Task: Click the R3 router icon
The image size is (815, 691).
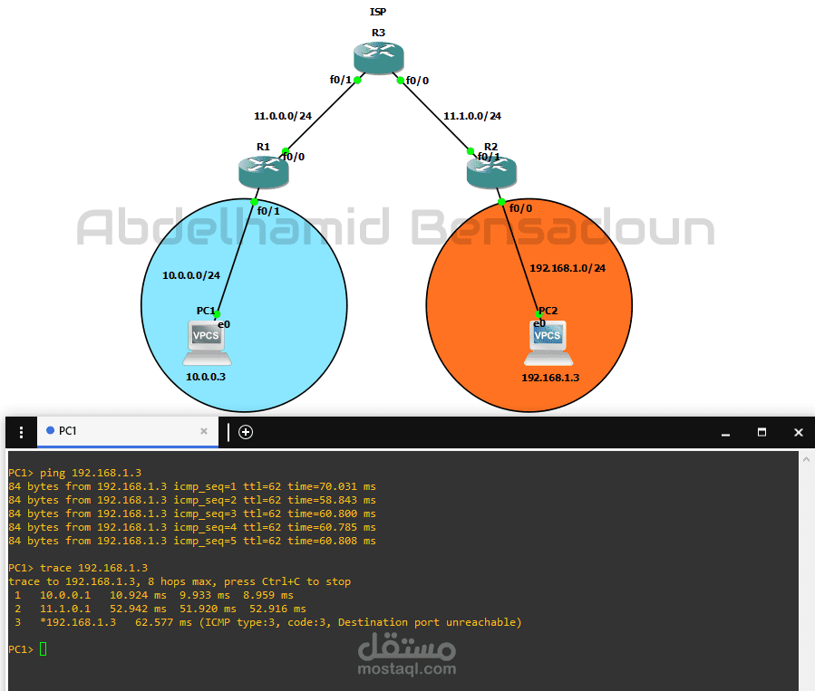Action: [378, 58]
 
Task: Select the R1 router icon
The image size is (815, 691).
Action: [264, 172]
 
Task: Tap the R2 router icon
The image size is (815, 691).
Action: [491, 172]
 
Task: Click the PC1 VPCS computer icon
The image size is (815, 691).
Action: [207, 343]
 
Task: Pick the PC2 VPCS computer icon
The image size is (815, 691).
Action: [548, 343]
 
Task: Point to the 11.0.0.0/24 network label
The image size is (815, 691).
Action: [283, 116]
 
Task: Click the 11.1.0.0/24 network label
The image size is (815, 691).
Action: [472, 116]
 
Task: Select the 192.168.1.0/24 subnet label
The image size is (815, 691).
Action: [568, 268]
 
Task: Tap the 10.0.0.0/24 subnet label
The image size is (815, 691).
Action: [191, 275]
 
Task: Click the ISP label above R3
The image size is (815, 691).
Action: [378, 12]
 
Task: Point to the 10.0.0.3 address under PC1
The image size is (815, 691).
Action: [206, 377]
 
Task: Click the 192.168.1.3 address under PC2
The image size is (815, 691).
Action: [550, 378]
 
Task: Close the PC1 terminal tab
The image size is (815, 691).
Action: [204, 431]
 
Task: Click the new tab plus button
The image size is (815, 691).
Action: [246, 432]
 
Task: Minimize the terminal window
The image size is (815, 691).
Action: [725, 433]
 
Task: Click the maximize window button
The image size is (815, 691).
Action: [762, 432]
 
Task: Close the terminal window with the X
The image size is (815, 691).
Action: [799, 432]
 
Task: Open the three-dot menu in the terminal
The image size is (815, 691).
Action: [21, 432]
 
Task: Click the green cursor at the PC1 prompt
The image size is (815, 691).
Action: [44, 649]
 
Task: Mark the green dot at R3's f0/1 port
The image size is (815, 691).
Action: [357, 80]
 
